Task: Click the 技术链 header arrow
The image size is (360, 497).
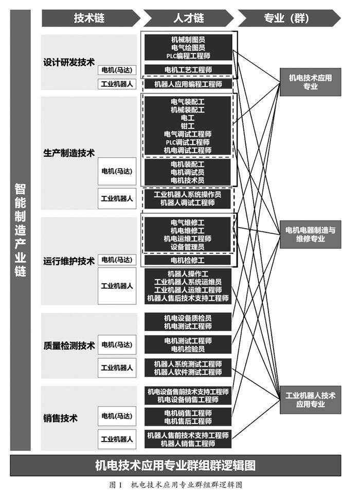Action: point(89,19)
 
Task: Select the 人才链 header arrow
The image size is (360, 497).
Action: point(188,19)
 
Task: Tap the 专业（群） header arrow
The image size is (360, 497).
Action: point(288,19)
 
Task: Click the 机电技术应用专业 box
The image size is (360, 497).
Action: point(310,82)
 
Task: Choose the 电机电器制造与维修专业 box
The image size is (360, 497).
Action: point(310,234)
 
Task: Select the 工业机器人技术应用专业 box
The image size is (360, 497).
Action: point(310,399)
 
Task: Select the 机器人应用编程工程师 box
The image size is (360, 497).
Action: point(188,84)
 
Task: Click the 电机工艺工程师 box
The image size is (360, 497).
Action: point(188,69)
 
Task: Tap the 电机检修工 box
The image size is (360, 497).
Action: point(188,260)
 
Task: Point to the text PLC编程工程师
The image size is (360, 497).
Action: point(188,56)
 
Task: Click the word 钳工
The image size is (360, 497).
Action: point(188,126)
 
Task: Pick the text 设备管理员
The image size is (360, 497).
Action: point(188,247)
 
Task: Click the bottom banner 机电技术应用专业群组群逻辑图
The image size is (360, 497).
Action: point(175,466)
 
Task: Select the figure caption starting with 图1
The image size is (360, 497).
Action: point(175,485)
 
